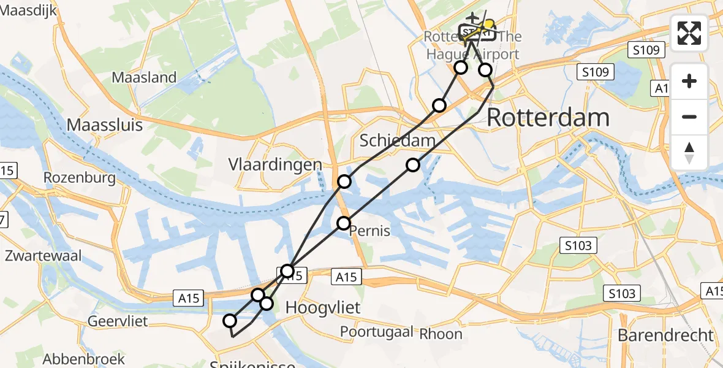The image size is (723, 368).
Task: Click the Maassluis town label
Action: [104, 125]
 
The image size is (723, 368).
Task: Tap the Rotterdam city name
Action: [548, 117]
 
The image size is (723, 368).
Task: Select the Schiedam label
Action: [397, 140]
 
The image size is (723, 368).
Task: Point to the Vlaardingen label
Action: [275, 164]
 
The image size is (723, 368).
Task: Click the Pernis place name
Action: [369, 232]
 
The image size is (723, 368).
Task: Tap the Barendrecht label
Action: [665, 335]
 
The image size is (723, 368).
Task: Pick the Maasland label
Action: [144, 77]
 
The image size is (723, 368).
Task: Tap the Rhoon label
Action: [441, 334]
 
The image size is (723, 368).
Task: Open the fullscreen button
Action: [689, 33]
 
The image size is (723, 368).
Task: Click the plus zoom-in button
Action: [689, 81]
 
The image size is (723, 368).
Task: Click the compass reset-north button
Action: [689, 152]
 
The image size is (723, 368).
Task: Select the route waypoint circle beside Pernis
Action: [344, 223]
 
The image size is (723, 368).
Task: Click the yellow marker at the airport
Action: [488, 25]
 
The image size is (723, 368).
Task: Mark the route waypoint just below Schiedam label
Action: [413, 165]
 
